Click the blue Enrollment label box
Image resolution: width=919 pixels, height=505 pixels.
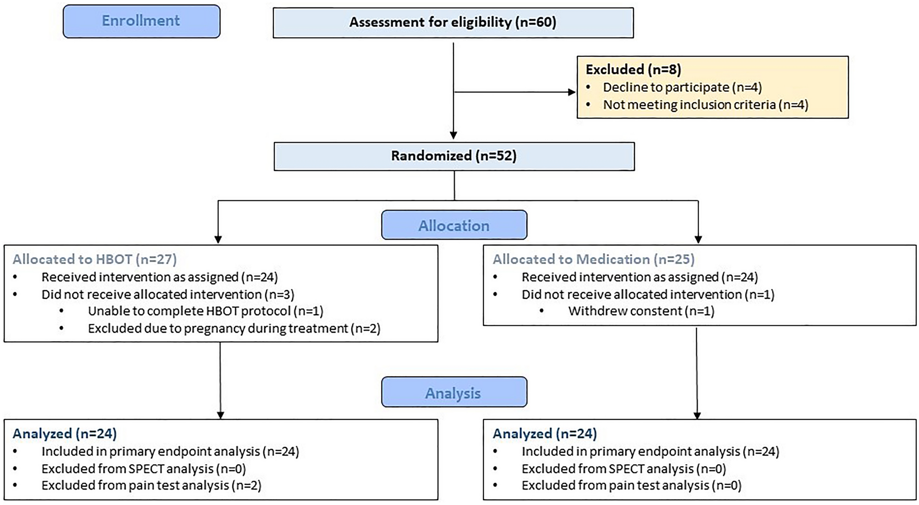[141, 21]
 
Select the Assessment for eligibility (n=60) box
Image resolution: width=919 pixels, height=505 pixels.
[453, 22]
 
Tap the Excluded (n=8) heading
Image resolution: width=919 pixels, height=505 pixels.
[633, 70]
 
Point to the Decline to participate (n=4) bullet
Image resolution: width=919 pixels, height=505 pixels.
[682, 88]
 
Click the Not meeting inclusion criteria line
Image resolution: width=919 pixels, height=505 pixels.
[705, 105]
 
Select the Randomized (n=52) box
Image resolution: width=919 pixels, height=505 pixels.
[454, 156]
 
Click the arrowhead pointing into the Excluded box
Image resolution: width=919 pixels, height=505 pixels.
[572, 92]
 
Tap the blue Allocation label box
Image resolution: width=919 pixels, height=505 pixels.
[454, 225]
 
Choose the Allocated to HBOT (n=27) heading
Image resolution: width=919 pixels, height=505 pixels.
[94, 259]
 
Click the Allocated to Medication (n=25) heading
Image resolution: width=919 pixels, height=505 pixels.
[593, 259]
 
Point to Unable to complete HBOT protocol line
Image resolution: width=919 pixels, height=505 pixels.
[205, 311]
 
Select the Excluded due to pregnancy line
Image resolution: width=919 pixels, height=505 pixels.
[234, 329]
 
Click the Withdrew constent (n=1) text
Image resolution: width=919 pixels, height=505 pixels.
[641, 311]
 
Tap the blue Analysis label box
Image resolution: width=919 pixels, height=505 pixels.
[454, 393]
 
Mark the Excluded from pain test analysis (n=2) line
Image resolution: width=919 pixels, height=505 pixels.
[151, 485]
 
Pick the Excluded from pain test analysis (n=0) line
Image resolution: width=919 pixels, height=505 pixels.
[631, 485]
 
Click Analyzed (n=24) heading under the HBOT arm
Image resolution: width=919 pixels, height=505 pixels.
[65, 434]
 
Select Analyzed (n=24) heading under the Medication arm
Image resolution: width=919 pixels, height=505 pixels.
[545, 434]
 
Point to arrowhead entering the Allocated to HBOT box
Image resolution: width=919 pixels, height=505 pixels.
[218, 240]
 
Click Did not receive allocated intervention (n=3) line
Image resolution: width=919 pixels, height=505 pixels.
[168, 294]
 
